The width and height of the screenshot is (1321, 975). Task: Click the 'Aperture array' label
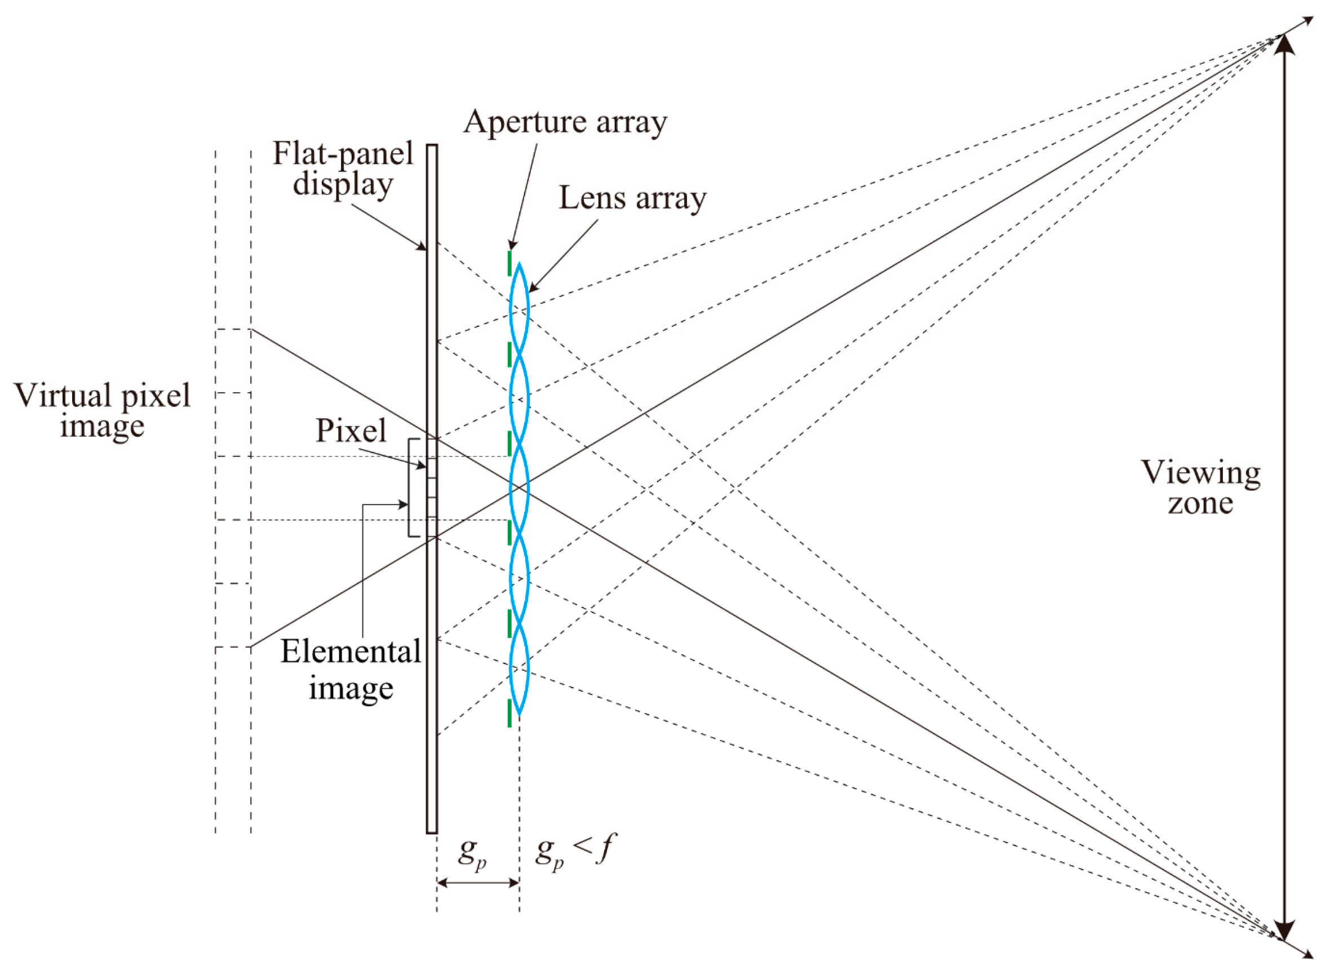point(565,123)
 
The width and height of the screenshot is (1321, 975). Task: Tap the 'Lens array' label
point(632,198)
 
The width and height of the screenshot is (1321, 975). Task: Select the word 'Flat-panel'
point(343,154)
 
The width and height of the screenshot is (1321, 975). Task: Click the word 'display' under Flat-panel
point(343,184)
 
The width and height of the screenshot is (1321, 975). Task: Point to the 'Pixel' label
point(351,430)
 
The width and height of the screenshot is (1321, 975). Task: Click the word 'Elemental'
point(351,652)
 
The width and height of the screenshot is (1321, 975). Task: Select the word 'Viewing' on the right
point(1200,473)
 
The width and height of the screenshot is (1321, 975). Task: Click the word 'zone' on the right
point(1200,503)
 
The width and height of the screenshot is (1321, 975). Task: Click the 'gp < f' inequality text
point(574,852)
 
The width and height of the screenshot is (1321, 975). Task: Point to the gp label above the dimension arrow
point(473,852)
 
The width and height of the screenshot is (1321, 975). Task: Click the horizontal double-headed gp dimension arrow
point(477,883)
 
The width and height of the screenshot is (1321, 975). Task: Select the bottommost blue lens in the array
point(520,670)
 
